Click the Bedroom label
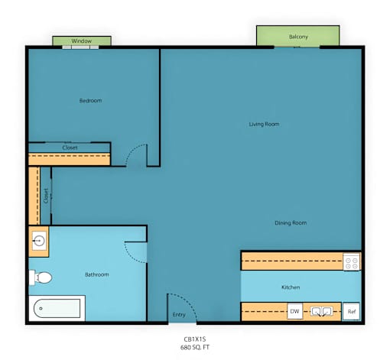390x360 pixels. point(90,101)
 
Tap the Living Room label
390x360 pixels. point(264,125)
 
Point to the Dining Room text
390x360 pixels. point(291,223)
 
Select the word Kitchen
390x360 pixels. point(291,287)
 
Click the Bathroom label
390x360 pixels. point(97,274)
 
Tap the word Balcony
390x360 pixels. point(298,37)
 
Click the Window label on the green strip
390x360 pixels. point(82,41)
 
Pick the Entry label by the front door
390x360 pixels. point(179,315)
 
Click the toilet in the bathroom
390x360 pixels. point(41,277)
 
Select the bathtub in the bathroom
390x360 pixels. point(57,309)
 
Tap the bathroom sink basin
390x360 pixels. point(39,241)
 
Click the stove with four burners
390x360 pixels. point(352,261)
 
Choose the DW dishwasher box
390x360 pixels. point(295,311)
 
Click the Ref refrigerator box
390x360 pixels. point(351,311)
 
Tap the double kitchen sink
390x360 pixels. point(321,311)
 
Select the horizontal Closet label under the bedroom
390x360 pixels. point(70,148)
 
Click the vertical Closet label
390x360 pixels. point(46,196)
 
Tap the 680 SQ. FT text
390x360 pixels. point(195,347)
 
